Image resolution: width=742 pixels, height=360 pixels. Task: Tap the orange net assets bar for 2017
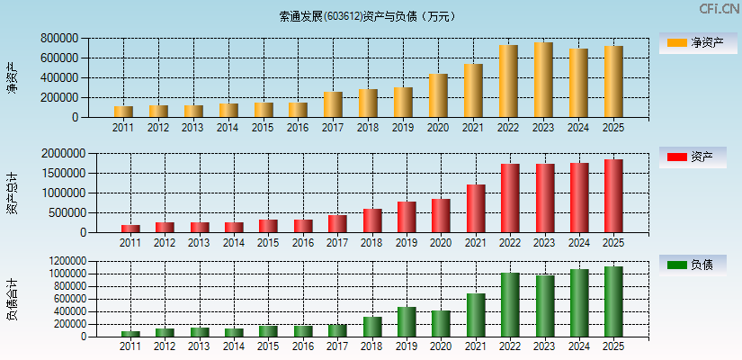pos(333,104)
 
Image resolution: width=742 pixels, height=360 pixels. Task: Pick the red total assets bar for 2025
pos(613,196)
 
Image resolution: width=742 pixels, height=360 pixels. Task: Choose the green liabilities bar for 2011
pos(130,334)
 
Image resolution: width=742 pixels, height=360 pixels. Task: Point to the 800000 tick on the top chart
pos(58,39)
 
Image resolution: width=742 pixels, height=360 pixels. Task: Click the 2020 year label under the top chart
pos(438,128)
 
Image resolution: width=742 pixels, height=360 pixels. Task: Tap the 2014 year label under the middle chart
pos(234,243)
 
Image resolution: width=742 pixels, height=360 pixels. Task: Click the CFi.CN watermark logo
pos(719,9)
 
